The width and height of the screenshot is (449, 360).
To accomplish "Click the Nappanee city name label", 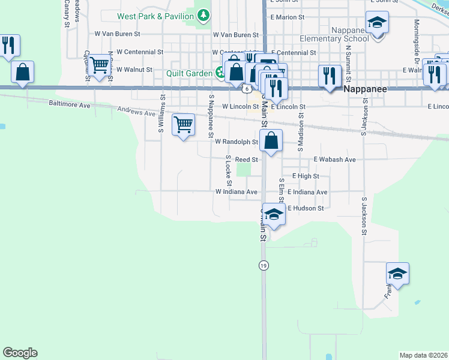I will pyautogui.click(x=366, y=88).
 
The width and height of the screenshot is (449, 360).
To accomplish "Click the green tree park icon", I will pyautogui.click(x=204, y=14).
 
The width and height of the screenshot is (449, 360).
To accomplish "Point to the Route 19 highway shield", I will pyautogui.click(x=263, y=265).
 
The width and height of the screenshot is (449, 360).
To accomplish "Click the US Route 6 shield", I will pyautogui.click(x=247, y=88).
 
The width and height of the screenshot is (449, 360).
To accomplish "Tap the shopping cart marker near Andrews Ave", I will pyautogui.click(x=183, y=125).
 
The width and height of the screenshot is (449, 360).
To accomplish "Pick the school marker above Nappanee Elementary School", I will pyautogui.click(x=378, y=23).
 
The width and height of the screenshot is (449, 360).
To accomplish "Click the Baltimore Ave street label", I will pyautogui.click(x=69, y=104).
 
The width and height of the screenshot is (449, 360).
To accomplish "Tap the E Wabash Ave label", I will pyautogui.click(x=335, y=160).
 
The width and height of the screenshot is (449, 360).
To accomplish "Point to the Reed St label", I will pyautogui.click(x=246, y=160).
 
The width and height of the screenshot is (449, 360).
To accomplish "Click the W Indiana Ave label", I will pyautogui.click(x=237, y=192).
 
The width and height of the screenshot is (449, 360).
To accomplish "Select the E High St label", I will pyautogui.click(x=306, y=176).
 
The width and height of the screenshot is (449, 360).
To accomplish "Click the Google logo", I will pyautogui.click(x=20, y=353).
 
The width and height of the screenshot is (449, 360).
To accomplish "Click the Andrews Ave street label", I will pyautogui.click(x=137, y=112).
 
